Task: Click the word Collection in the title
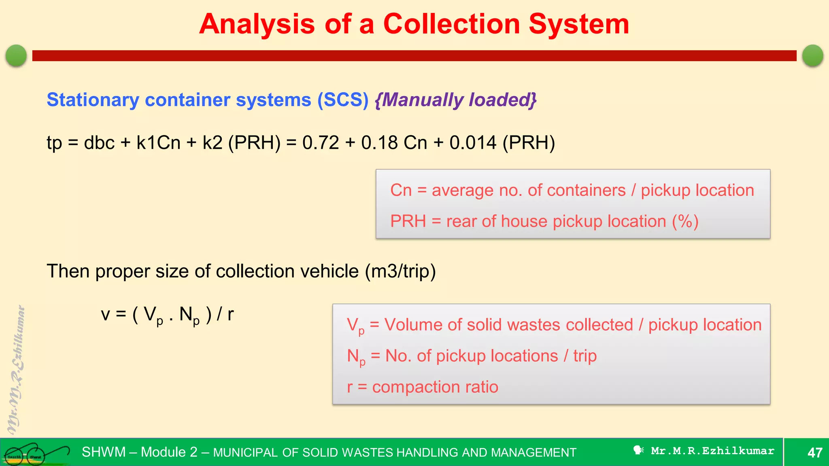(x=451, y=24)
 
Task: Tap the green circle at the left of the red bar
(x=17, y=55)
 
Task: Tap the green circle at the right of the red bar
(x=812, y=55)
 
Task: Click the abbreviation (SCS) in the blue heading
(x=343, y=100)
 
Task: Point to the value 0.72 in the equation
(x=321, y=143)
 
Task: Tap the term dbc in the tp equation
(x=99, y=143)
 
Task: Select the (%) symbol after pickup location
(x=685, y=222)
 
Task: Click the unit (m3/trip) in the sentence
(x=400, y=271)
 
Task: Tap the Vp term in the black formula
(x=153, y=315)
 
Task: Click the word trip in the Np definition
(x=585, y=356)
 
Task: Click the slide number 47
(x=814, y=453)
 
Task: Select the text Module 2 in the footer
(x=169, y=452)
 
